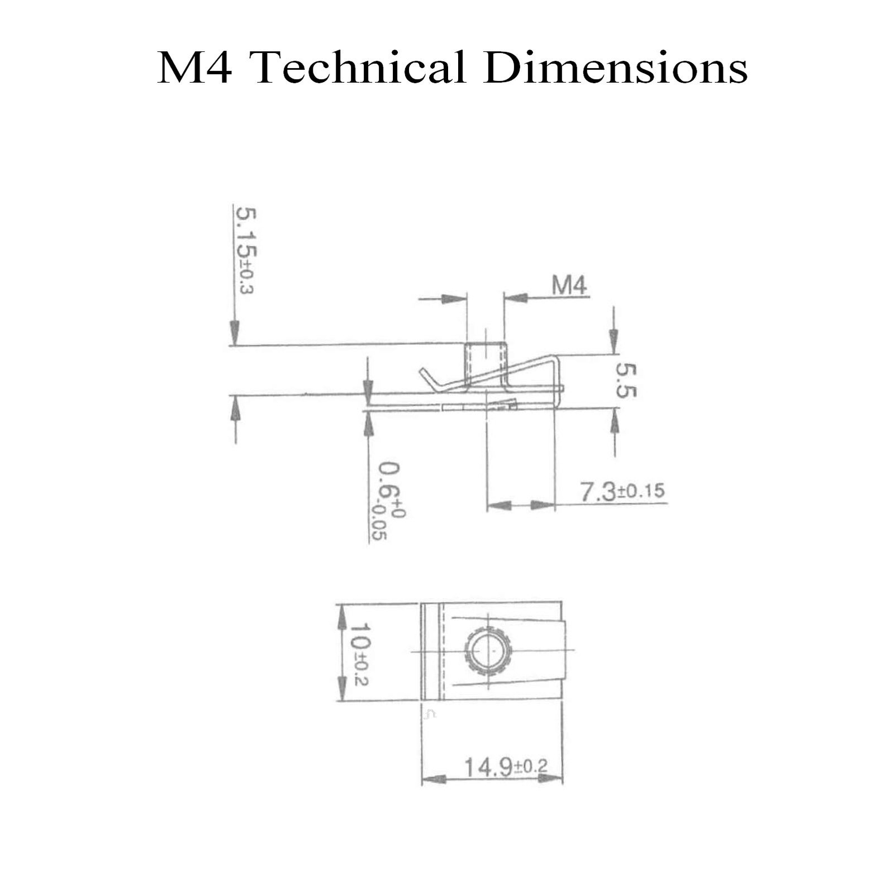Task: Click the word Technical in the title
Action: (360, 68)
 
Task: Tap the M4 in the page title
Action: (194, 68)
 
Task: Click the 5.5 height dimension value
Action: (625, 380)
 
